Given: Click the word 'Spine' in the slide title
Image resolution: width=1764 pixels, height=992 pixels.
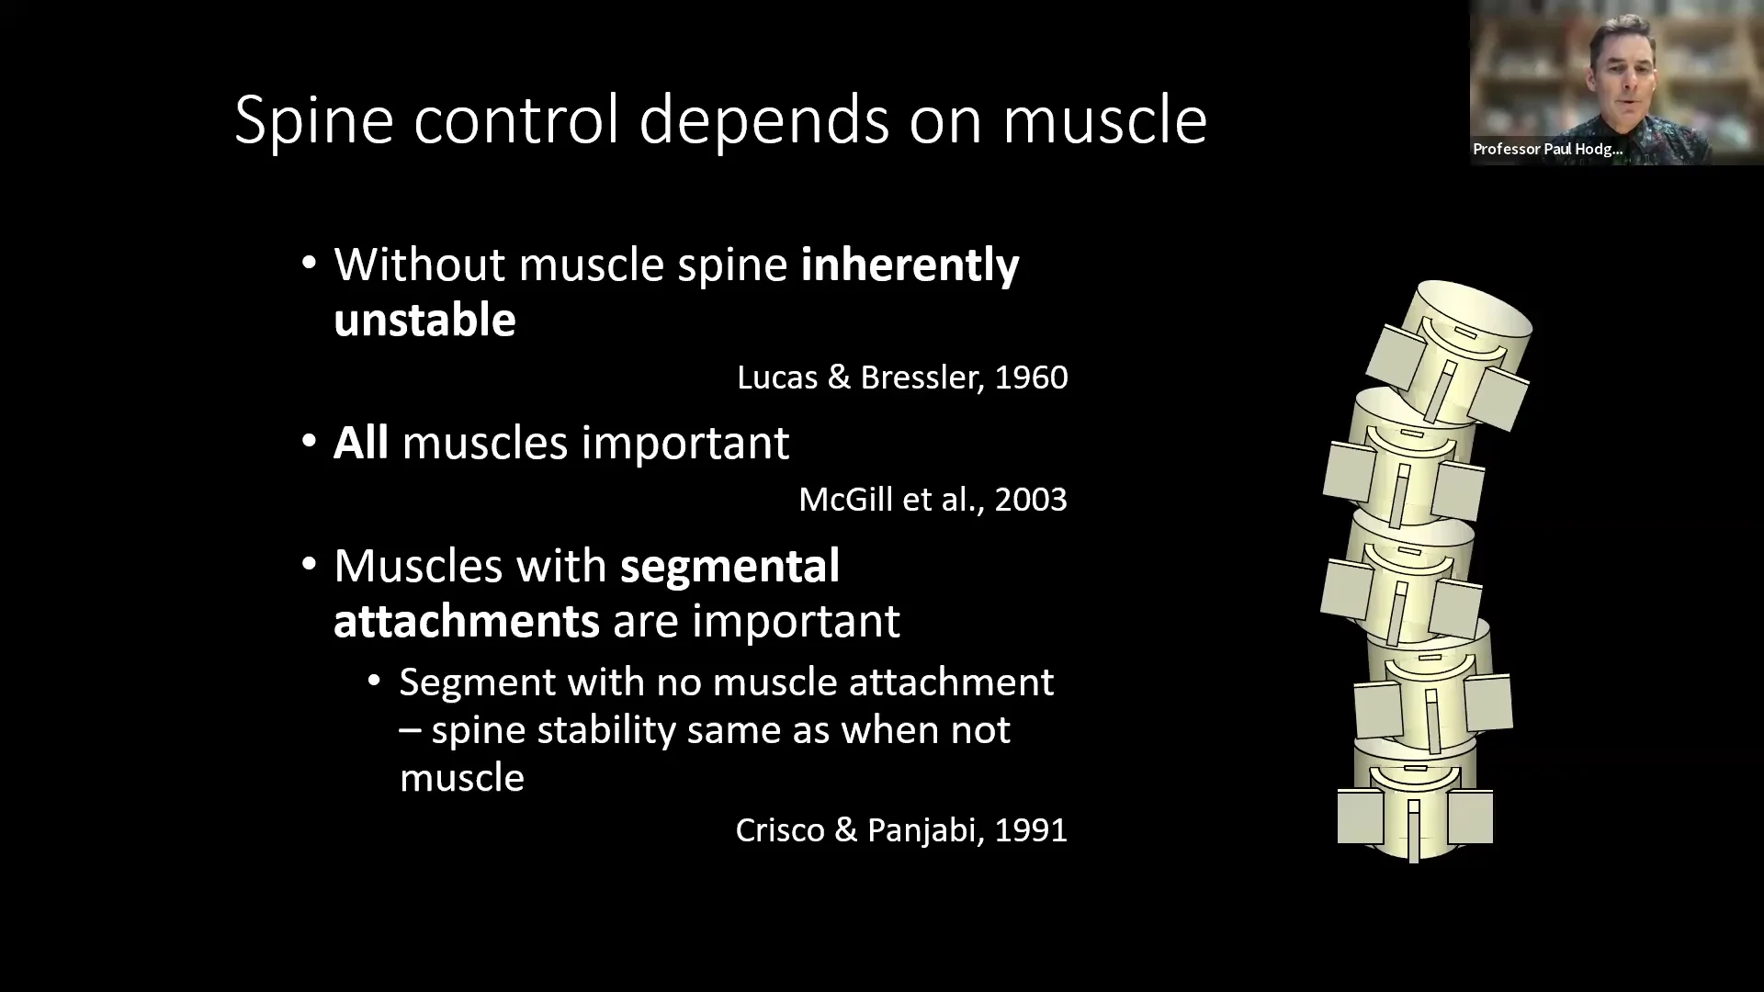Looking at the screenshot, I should click(x=314, y=120).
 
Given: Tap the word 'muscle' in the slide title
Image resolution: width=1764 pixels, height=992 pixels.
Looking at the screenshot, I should click(x=1104, y=120).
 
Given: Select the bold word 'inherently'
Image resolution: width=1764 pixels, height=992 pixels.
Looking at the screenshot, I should click(x=910, y=265).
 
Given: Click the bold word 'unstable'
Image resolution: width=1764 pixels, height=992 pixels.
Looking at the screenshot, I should click(x=424, y=321).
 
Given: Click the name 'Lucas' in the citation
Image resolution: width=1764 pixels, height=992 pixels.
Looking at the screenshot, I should click(x=777, y=378).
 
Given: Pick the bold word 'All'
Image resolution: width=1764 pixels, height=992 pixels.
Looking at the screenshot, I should click(x=360, y=443).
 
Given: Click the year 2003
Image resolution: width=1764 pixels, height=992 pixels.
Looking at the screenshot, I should click(x=1031, y=500).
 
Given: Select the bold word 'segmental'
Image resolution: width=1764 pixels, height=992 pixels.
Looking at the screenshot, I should click(x=729, y=565).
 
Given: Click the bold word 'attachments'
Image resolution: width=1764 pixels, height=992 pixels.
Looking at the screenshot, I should click(x=466, y=621).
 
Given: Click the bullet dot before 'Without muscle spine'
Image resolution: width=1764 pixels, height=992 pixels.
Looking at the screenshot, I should click(x=310, y=265).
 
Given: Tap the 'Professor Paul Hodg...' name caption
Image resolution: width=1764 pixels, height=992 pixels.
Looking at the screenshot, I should click(x=1547, y=149).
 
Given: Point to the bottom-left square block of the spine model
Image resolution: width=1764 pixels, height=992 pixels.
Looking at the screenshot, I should click(x=1360, y=816).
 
